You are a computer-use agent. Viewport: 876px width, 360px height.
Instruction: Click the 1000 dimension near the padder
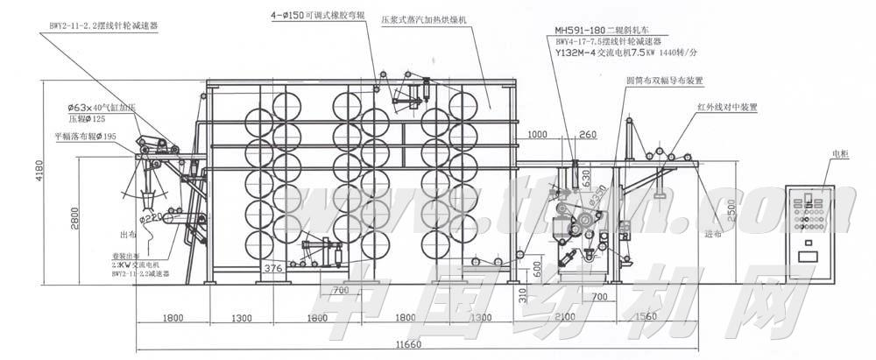point(538,134)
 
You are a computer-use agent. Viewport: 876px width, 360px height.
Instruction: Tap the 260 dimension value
point(587,134)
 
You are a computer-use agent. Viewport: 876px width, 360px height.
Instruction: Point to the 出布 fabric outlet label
point(124,235)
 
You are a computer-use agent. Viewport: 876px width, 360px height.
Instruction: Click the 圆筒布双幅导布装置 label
point(665,81)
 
